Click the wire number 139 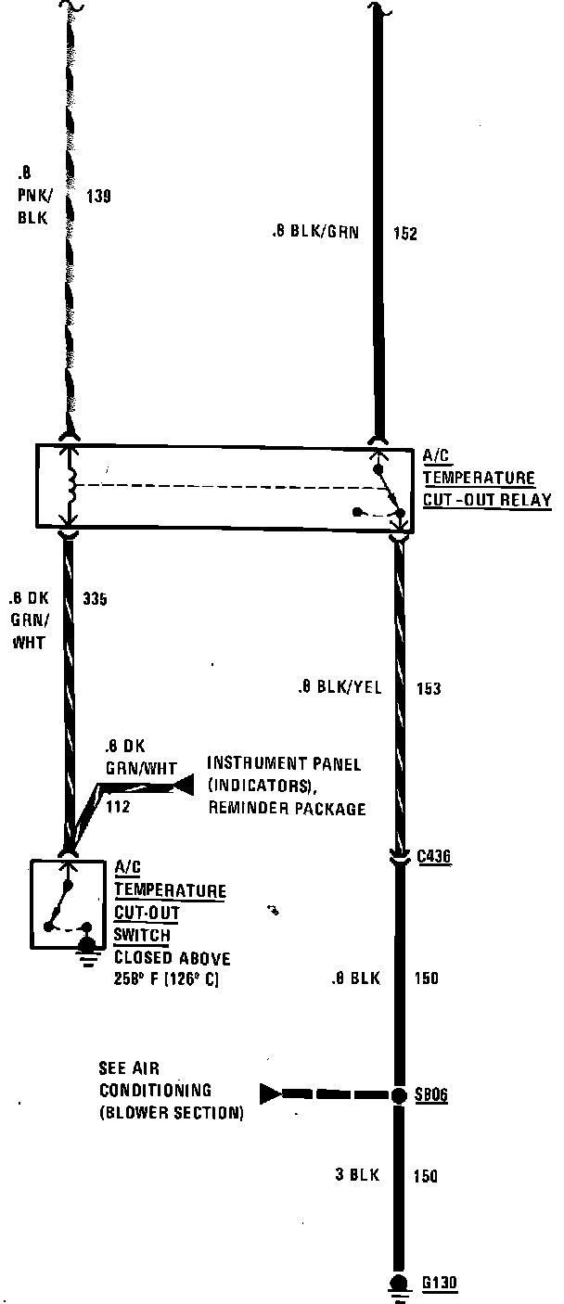98,196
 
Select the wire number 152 404,234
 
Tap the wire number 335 95,599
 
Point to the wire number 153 428,689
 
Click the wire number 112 118,807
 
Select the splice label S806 431,1095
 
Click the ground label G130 439,1284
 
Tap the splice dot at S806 398,1095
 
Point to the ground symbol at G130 398,1285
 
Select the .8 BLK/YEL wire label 340,688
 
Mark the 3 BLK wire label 357,1175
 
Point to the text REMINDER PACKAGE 287,808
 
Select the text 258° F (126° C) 166,980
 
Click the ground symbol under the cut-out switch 88,948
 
